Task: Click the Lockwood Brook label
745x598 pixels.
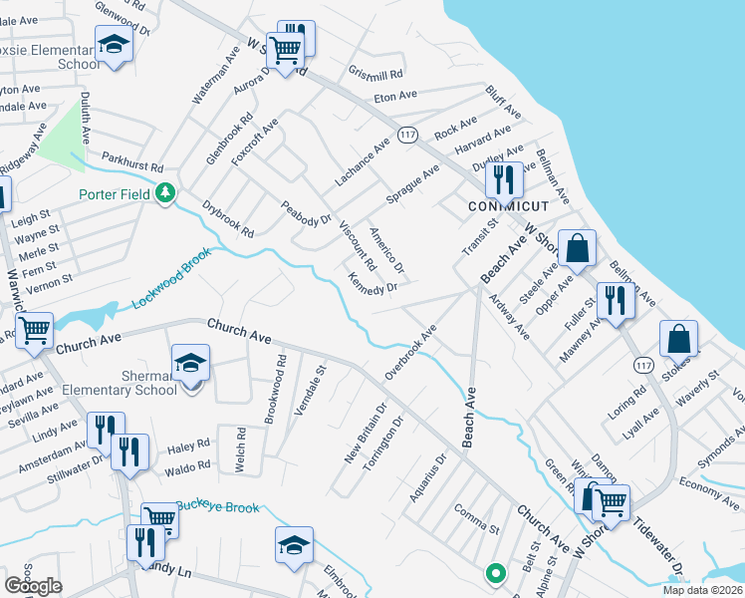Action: pos(172,284)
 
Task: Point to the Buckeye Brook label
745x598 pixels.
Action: pos(218,507)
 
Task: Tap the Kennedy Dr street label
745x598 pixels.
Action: pos(372,282)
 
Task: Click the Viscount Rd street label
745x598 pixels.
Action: pos(357,247)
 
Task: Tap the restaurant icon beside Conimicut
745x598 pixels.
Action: pos(504,179)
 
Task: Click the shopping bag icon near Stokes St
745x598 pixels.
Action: pos(678,338)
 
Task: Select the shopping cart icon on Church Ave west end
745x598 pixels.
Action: pos(35,328)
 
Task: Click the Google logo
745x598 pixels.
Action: pos(34,586)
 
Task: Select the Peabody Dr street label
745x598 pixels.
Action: pos(305,212)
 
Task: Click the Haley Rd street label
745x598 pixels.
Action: pos(189,444)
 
